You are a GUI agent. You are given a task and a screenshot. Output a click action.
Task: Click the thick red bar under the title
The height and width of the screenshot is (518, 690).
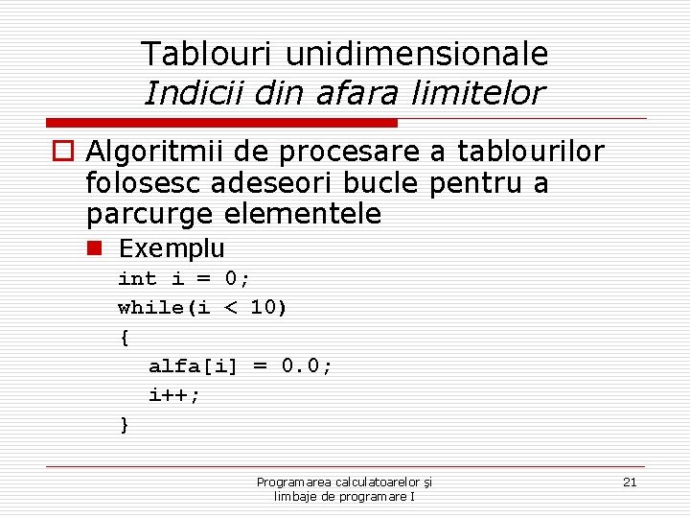222,124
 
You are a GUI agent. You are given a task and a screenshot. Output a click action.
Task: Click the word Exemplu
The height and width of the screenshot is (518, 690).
172,249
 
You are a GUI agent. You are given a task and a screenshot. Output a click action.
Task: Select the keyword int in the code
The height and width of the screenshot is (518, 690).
137,279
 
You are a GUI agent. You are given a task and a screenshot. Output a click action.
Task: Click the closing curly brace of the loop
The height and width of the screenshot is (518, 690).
124,424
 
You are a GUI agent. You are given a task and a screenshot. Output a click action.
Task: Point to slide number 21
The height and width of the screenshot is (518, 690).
630,482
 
